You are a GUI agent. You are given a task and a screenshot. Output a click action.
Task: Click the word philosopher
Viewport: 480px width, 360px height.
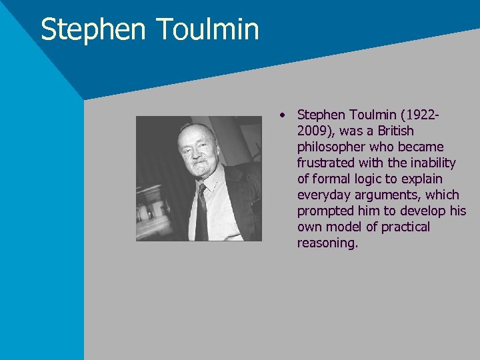click(x=332, y=147)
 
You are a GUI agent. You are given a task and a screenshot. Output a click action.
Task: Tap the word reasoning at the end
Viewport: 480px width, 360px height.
click(x=327, y=243)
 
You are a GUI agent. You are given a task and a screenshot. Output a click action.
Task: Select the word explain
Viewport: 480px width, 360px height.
click(x=421, y=179)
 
